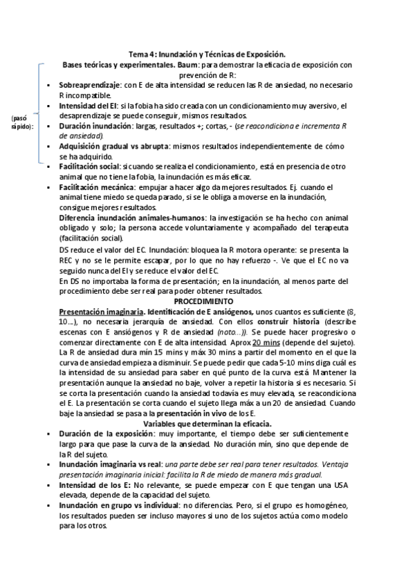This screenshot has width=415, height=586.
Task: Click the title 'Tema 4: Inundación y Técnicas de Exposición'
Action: tap(207, 54)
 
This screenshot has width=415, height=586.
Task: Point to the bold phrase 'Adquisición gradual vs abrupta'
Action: tap(113, 146)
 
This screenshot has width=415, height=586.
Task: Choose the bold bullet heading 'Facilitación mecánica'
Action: tap(97, 187)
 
